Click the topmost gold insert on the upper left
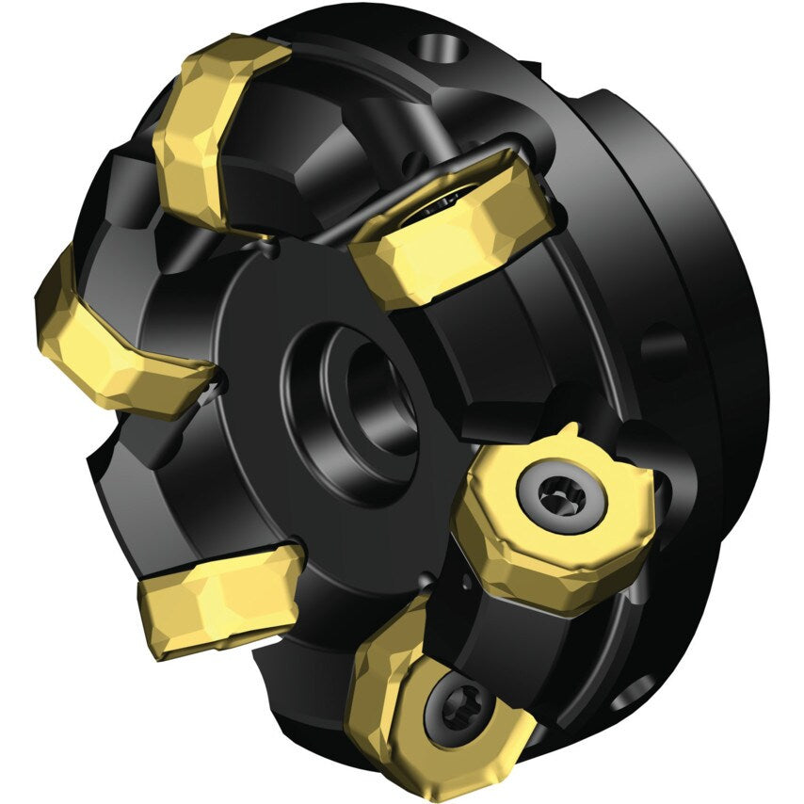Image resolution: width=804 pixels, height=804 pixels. point(212,132)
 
